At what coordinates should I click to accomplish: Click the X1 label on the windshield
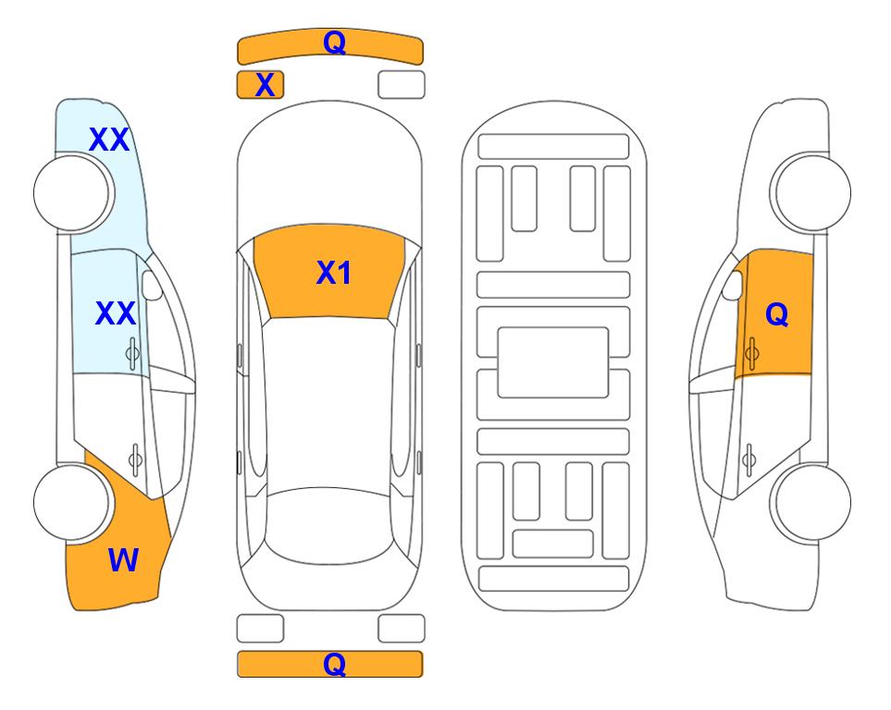click(334, 273)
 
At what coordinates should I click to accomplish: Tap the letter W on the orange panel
click(123, 560)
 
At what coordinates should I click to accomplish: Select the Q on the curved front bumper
click(334, 42)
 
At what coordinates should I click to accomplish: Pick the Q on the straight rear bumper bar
click(334, 664)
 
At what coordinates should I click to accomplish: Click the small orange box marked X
click(260, 85)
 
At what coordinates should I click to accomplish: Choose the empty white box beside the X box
click(402, 85)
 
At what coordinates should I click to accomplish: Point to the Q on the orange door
click(777, 314)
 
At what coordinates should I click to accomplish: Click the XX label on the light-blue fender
click(109, 140)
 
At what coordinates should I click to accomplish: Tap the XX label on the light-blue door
click(116, 313)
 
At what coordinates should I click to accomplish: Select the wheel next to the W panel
click(71, 502)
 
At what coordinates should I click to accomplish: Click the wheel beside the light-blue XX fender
click(71, 193)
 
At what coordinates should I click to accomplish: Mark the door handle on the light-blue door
click(132, 353)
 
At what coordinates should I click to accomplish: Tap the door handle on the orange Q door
click(751, 353)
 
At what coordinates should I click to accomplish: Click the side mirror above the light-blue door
click(152, 285)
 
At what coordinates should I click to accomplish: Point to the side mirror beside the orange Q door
click(733, 285)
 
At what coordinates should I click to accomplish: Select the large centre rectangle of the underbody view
click(553, 362)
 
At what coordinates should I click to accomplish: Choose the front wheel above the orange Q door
click(812, 193)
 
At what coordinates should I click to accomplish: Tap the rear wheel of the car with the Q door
click(812, 502)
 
